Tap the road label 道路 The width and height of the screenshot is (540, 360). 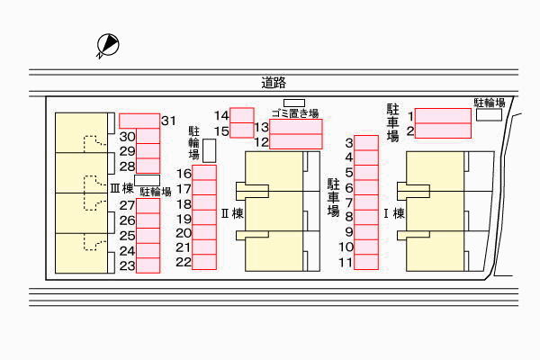click(x=274, y=83)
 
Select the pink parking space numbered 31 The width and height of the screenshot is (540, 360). click(x=139, y=120)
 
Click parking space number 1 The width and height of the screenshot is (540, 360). click(x=441, y=115)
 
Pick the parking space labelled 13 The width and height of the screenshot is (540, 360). click(x=296, y=127)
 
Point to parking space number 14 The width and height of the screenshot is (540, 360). click(x=241, y=114)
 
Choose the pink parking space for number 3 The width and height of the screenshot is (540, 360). click(x=365, y=142)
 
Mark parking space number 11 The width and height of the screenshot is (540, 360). click(x=365, y=262)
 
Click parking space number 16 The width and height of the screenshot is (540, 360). click(x=204, y=173)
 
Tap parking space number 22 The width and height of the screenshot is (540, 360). click(x=204, y=262)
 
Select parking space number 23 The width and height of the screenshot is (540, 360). click(x=148, y=265)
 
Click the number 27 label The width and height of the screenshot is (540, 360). click(x=127, y=205)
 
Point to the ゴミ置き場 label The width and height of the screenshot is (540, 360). click(x=295, y=112)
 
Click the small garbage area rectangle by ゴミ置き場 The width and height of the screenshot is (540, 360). click(x=294, y=102)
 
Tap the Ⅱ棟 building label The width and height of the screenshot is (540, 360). click(x=232, y=214)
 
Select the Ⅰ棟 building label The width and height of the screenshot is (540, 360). click(x=394, y=214)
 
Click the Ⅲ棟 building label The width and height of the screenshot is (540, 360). click(x=121, y=189)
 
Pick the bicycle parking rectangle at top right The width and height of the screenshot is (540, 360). click(x=489, y=115)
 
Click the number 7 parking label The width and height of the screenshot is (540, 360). click(x=348, y=202)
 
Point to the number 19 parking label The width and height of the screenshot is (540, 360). click(x=183, y=219)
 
